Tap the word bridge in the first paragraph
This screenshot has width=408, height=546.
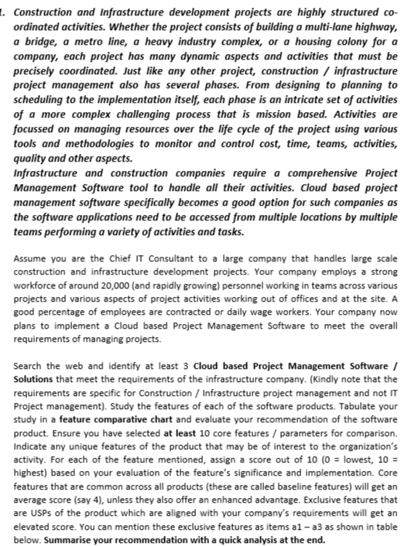tap(38, 39)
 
